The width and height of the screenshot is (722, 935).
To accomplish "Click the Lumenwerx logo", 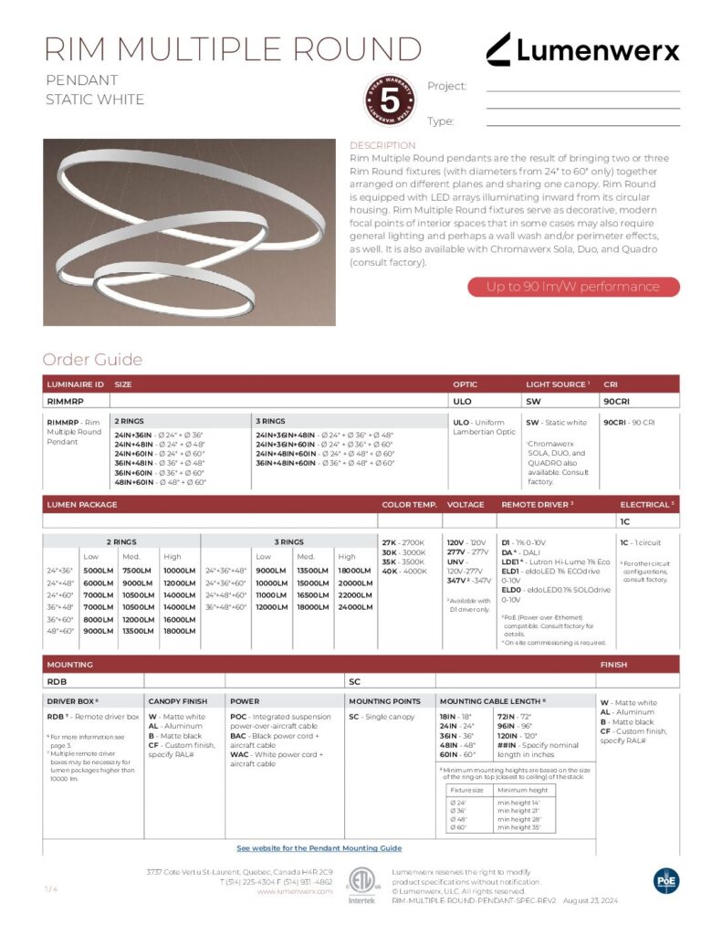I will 582,49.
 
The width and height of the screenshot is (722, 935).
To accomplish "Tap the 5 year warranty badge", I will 388,100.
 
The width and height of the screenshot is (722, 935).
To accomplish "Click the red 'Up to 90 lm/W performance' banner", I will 573,287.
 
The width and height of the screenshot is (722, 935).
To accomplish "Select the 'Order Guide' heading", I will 91,360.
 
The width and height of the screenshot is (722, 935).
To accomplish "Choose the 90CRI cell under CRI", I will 616,399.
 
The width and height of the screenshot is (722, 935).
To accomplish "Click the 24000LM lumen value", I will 354,607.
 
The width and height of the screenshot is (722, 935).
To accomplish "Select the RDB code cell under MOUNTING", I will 57,681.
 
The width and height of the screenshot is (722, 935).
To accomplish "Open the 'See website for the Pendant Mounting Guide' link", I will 319,848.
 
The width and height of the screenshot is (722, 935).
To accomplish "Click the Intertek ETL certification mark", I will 361,884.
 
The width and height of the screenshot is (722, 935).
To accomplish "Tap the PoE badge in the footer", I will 666,880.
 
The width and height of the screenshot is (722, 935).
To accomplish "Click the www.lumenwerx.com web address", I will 294,891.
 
